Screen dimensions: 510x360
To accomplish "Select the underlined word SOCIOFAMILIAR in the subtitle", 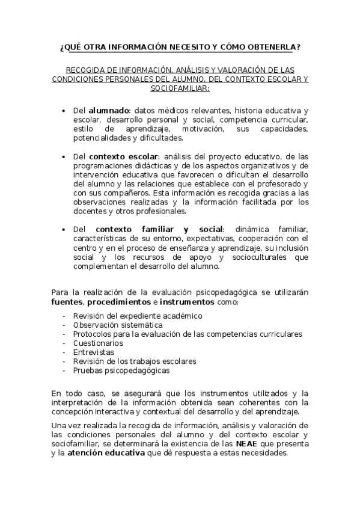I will coord(180,88).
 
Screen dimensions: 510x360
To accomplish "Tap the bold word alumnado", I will coord(109,111).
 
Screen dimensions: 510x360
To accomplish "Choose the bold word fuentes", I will coord(67,302).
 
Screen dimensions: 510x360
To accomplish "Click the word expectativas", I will coord(230,239).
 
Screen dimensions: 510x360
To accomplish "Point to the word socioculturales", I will coord(264,257).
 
